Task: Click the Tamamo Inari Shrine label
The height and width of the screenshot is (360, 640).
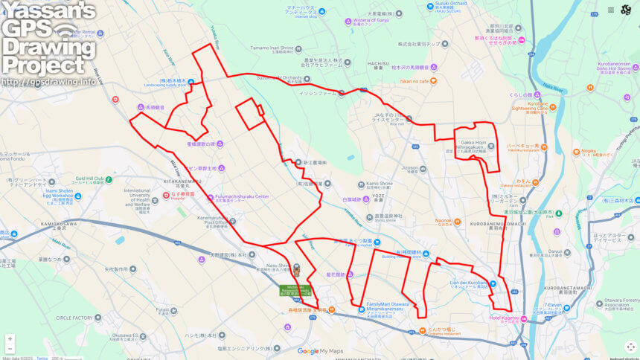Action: pyautogui.click(x=269, y=48)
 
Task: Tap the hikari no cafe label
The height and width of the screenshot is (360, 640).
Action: pyautogui.click(x=415, y=80)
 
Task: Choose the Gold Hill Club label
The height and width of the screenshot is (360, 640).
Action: pyautogui.click(x=94, y=179)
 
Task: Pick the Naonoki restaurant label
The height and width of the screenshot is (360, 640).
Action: pyautogui.click(x=444, y=220)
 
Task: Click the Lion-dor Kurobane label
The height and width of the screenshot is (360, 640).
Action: pyautogui.click(x=469, y=283)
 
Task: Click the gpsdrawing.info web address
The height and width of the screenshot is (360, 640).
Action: pyautogui.click(x=48, y=82)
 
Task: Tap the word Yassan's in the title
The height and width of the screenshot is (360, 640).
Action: pyautogui.click(x=48, y=10)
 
